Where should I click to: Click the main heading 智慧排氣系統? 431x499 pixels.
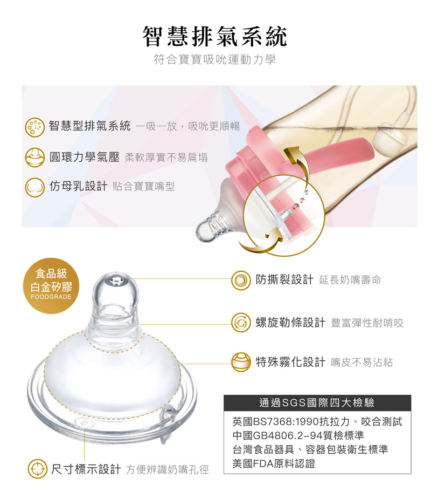pos(214,36)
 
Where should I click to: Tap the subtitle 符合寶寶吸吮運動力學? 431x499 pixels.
pos(214,59)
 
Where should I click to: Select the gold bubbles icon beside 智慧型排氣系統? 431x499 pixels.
pos(34,127)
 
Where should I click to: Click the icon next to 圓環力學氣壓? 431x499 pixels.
pos(34,157)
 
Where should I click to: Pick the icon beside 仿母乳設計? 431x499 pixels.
pos(34,187)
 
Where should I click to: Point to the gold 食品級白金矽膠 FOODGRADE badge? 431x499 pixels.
pos(51,285)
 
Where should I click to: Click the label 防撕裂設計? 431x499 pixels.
pos(284,279)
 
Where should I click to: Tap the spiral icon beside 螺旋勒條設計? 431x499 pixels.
pos(241,323)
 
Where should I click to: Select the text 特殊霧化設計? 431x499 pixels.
pos(290,362)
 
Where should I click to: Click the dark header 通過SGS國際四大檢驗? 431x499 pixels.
pos(317,403)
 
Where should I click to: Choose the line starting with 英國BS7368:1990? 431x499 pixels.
pos(317,422)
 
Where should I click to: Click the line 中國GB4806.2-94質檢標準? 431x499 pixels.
pos(298,435)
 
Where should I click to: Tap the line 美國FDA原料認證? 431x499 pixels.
pos(274,463)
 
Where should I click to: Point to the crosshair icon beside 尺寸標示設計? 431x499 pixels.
pos(38,469)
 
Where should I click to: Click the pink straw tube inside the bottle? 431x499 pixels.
pos(336,150)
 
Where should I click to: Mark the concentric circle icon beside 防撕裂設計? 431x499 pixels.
pos(241,280)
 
